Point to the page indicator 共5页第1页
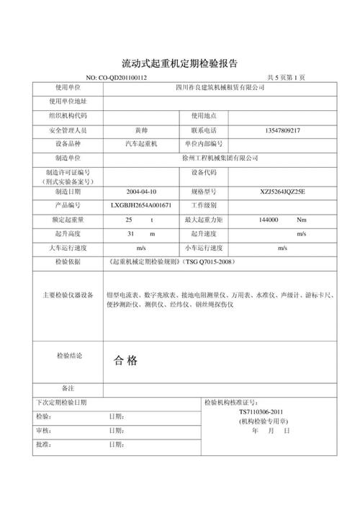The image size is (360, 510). point(287,77)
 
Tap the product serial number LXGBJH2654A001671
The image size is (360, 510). point(141,205)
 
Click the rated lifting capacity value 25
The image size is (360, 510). point(129,219)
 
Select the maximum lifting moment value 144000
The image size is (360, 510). point(267,219)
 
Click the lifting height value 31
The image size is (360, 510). point(130,234)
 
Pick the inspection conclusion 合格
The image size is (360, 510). point(125,360)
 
